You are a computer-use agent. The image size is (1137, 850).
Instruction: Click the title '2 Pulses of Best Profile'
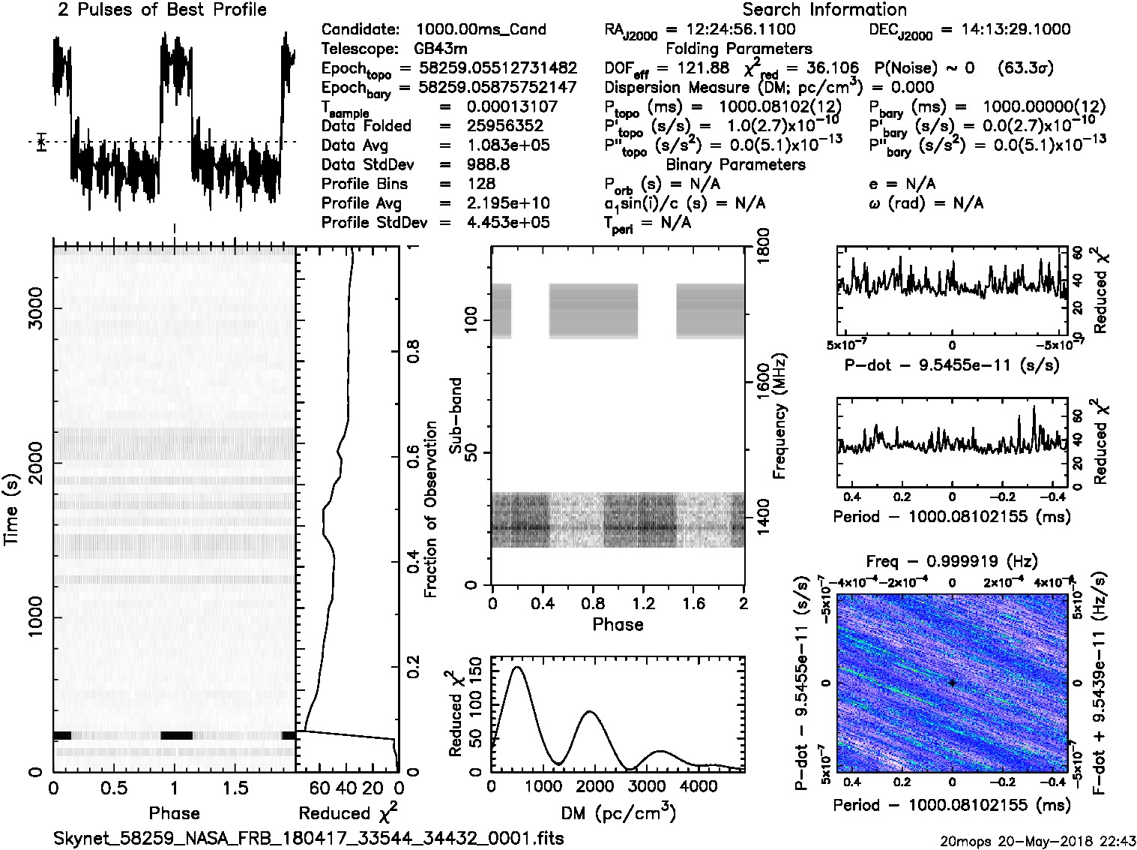[x=162, y=11]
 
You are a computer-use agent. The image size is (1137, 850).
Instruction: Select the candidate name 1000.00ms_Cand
[x=480, y=30]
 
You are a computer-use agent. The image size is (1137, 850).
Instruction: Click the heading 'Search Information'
[x=824, y=11]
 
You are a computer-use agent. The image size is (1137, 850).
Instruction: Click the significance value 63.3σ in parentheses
[x=1025, y=68]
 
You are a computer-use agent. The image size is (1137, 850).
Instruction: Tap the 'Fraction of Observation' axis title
[x=430, y=509]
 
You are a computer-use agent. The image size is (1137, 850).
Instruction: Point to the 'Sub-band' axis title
[x=455, y=415]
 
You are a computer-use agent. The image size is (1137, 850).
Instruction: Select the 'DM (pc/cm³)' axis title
[x=618, y=812]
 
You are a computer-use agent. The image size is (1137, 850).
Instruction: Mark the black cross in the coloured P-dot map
[x=952, y=683]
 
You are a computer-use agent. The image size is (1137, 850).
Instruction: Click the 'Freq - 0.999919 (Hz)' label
[x=952, y=561]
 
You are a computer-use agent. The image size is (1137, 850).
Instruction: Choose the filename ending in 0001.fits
[x=309, y=838]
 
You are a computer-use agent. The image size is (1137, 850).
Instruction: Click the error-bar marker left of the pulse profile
[x=42, y=142]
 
